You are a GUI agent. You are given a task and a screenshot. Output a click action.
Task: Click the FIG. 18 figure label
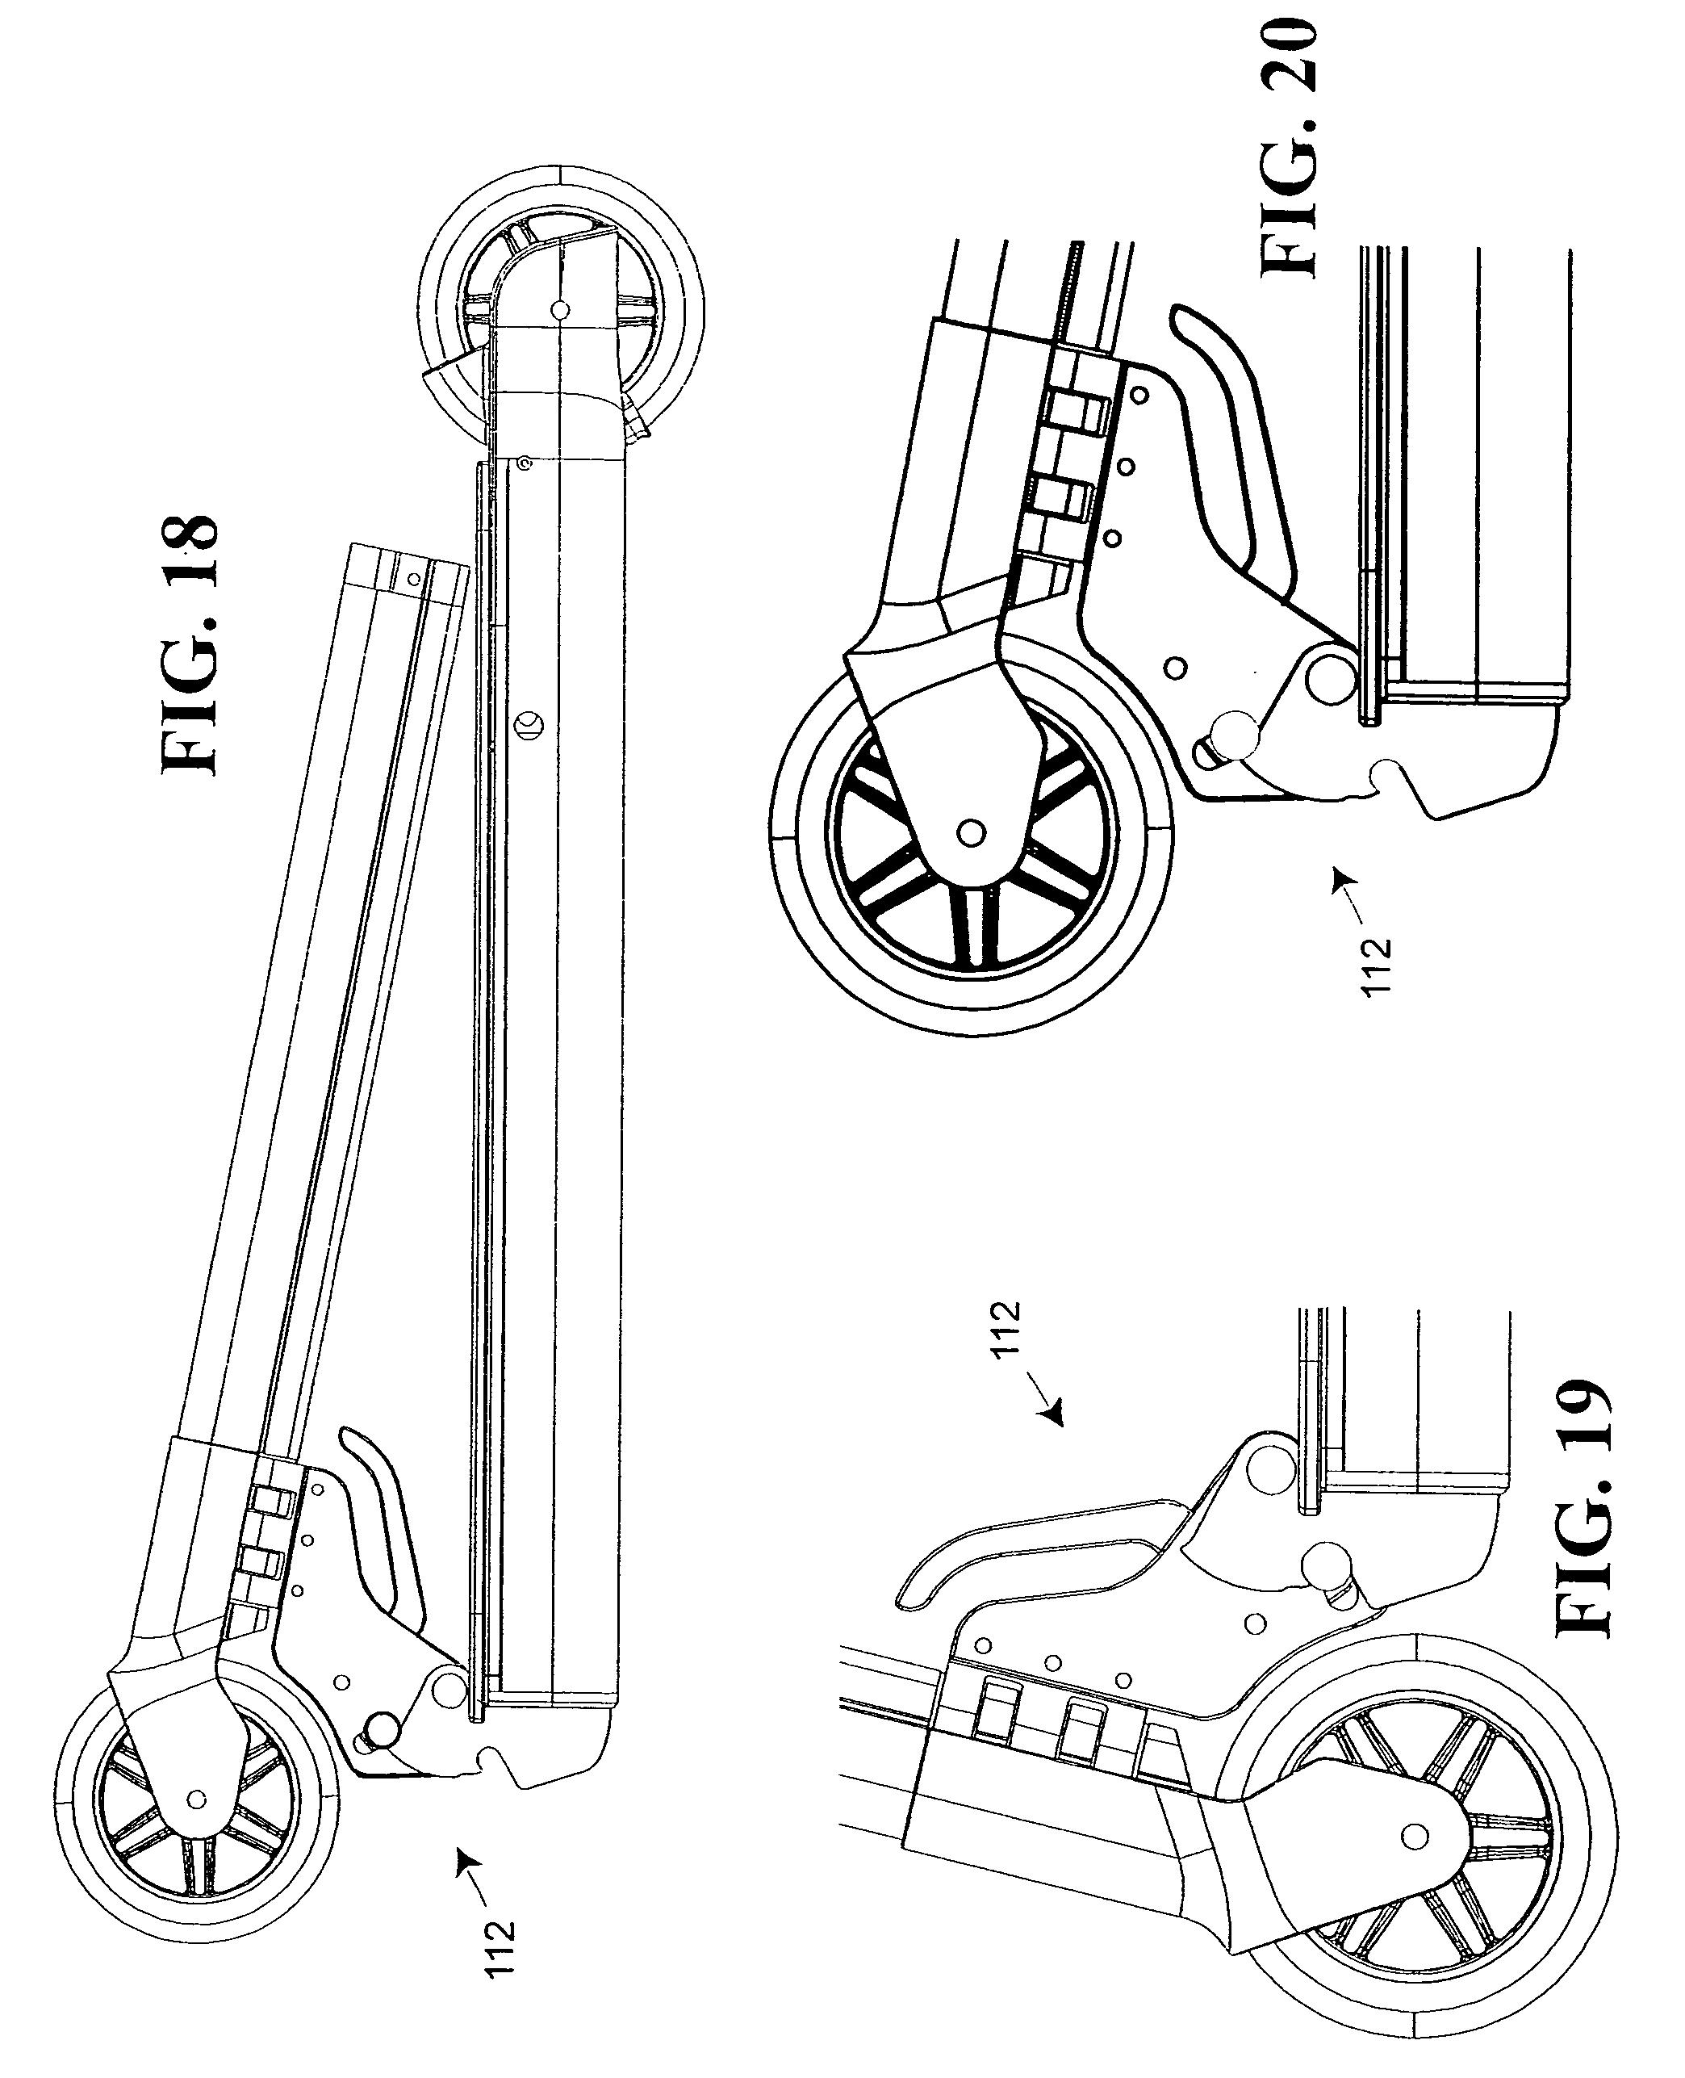point(190,643)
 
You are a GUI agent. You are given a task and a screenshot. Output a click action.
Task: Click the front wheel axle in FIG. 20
point(971,832)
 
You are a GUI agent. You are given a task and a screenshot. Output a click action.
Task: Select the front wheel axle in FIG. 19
point(1416,1833)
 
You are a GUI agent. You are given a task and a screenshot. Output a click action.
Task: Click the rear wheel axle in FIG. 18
point(559,311)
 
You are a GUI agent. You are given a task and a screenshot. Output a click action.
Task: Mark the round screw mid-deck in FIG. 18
point(530,724)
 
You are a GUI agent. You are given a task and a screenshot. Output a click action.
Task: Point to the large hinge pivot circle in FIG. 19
point(1269,1467)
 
